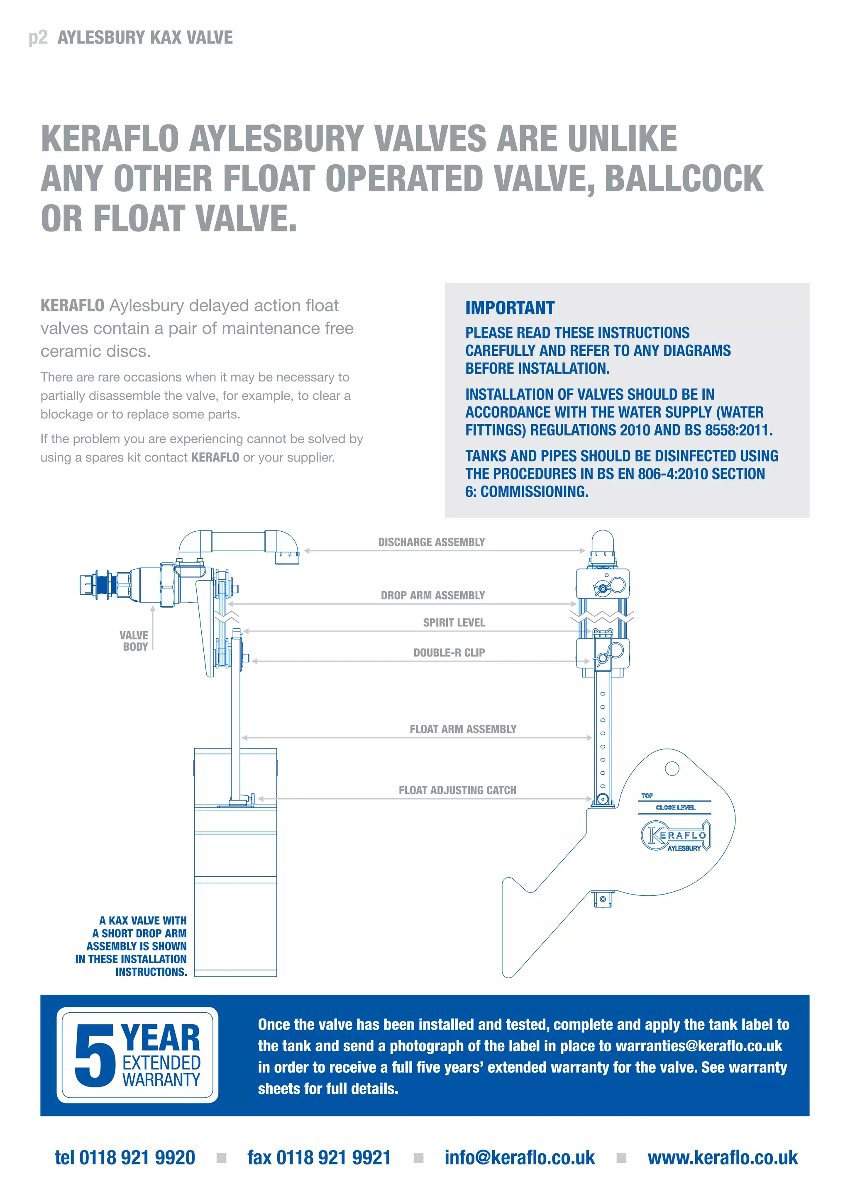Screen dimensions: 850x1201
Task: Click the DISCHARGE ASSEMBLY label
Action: (431, 542)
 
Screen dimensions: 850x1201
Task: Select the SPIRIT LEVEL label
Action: (454, 622)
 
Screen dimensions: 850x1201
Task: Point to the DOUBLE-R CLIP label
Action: (449, 652)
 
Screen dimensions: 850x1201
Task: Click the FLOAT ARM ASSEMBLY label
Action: (463, 729)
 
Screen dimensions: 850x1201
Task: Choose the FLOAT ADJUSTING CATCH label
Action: (457, 790)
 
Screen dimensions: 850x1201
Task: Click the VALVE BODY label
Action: (134, 641)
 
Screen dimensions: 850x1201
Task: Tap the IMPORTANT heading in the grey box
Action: (510, 308)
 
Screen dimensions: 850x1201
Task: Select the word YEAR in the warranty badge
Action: (160, 1038)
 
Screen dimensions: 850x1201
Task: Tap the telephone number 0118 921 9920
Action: (137, 1157)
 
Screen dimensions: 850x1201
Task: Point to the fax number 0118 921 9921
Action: (333, 1157)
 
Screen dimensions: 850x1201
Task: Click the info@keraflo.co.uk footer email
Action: (519, 1157)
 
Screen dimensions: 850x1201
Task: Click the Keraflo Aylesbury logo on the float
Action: (675, 836)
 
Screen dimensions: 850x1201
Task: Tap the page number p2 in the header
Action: (38, 38)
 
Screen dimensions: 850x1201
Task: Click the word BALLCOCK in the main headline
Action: (684, 178)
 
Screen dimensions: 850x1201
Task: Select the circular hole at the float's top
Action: (672, 768)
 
